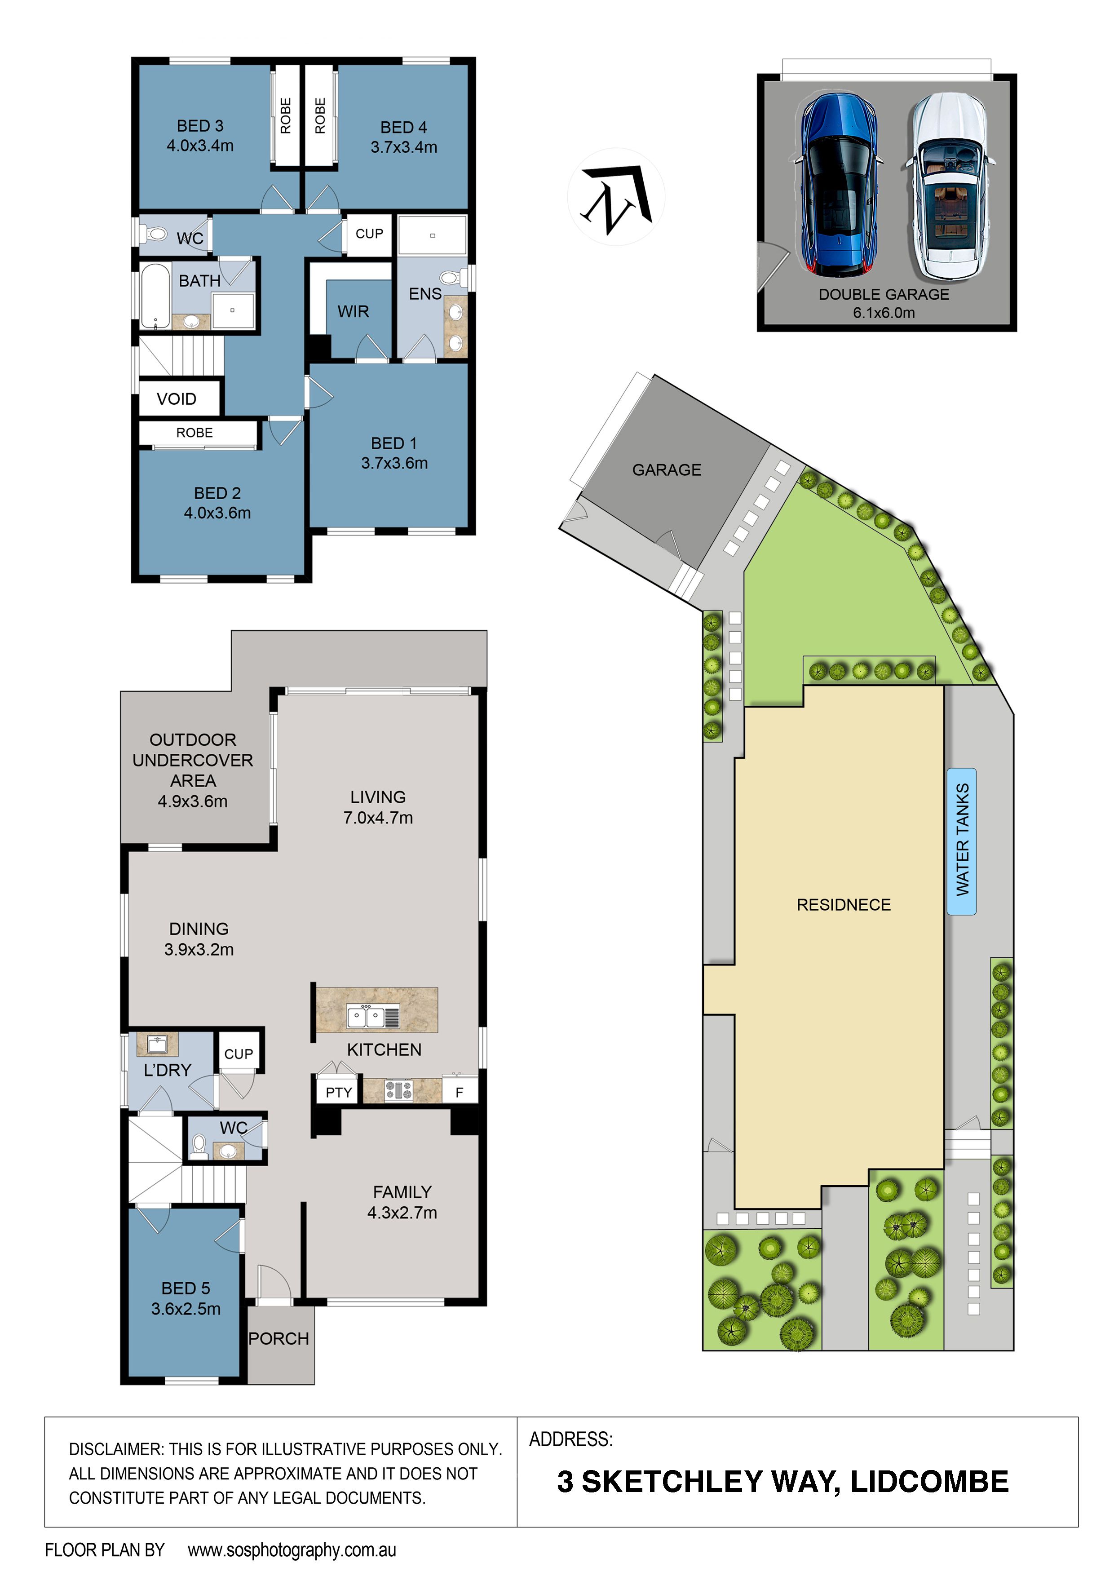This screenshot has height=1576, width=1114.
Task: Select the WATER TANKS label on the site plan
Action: (x=962, y=840)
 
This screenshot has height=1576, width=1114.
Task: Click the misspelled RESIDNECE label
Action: (x=844, y=905)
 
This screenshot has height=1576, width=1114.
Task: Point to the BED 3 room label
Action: (x=200, y=126)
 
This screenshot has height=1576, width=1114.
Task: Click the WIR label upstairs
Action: (x=353, y=312)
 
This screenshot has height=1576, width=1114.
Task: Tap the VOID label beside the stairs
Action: (x=177, y=399)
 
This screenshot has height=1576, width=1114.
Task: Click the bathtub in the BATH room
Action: (x=156, y=297)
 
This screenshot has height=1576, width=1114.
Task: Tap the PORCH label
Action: (x=278, y=1338)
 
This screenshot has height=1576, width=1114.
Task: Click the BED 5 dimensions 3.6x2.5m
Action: (x=186, y=1309)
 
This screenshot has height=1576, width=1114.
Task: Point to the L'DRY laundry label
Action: (x=168, y=1070)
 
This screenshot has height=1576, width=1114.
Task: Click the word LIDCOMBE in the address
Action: (x=929, y=1482)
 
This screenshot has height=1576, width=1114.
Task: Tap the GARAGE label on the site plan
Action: (x=667, y=470)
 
